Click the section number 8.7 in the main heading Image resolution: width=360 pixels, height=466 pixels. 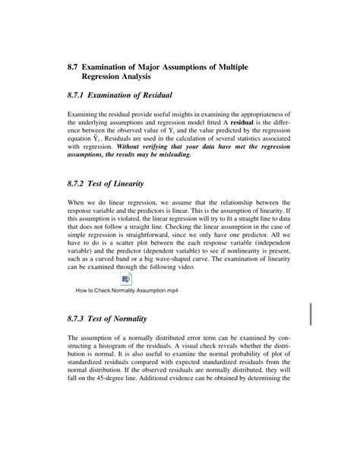click(x=74, y=68)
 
